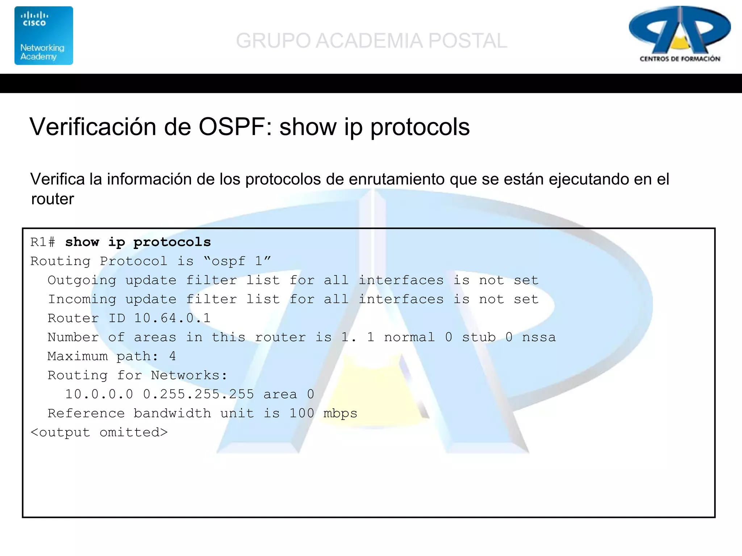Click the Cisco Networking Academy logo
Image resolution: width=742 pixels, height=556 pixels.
(43, 35)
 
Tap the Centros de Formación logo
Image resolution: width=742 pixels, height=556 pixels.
(680, 34)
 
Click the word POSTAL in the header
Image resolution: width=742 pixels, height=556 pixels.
(467, 41)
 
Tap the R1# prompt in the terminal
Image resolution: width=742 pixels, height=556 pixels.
(43, 242)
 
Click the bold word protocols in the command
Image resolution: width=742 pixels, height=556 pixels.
(172, 242)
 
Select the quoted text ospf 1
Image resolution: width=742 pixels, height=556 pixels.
(237, 261)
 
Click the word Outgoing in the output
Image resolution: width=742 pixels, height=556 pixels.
(82, 280)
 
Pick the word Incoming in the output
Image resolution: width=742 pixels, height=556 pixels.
(82, 299)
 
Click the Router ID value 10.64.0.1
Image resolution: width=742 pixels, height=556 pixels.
(172, 318)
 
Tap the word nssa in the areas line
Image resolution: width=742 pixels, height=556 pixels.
(538, 337)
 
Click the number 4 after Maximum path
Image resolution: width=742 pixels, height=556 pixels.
(172, 356)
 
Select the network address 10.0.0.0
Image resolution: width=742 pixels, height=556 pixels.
(99, 394)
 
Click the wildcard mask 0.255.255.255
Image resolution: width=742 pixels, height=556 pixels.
(199, 394)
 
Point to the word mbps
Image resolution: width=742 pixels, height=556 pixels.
(340, 413)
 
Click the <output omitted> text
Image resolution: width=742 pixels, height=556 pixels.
(99, 432)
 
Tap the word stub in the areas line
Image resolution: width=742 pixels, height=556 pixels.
(478, 337)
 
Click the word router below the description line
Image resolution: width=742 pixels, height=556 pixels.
(53, 199)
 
